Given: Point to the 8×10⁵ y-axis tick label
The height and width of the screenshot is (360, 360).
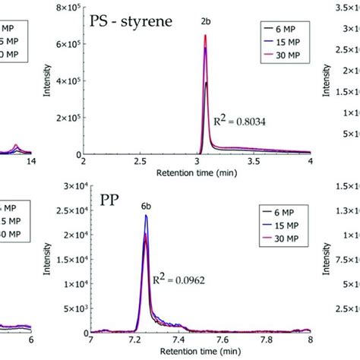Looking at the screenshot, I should coord(67,8).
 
